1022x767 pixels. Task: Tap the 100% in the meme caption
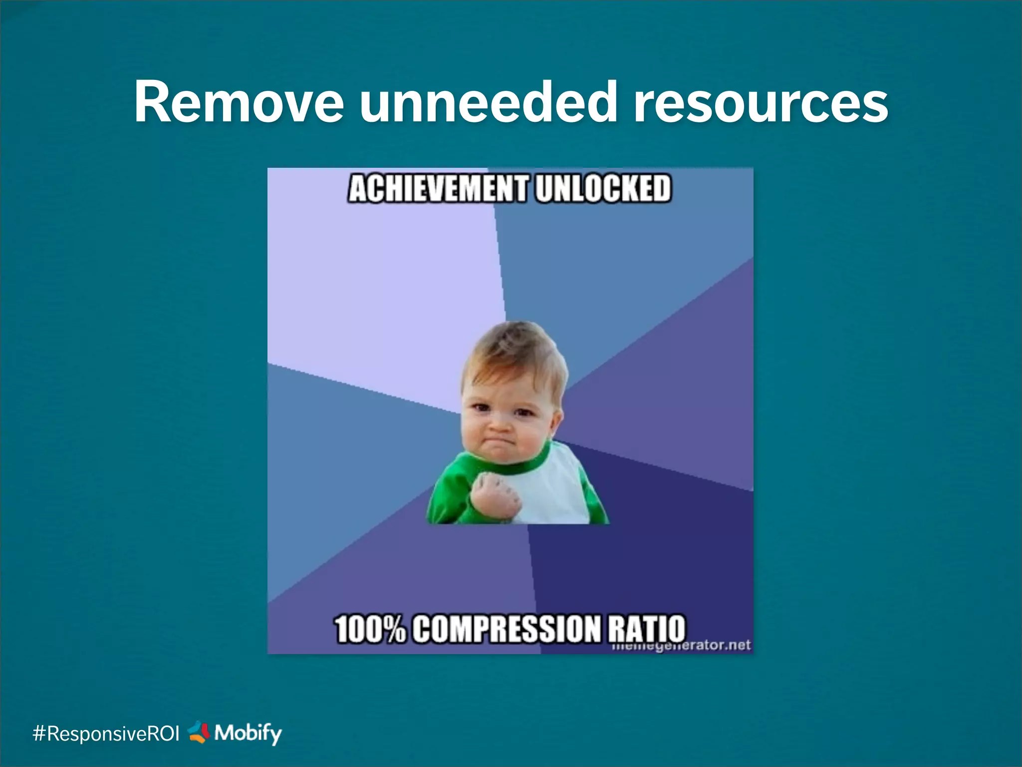[x=370, y=629]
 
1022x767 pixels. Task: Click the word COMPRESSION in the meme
[x=507, y=629]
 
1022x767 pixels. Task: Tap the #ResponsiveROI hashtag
[x=106, y=734]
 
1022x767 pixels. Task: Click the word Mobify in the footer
[x=248, y=733]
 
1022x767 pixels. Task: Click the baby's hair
[x=514, y=350]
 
